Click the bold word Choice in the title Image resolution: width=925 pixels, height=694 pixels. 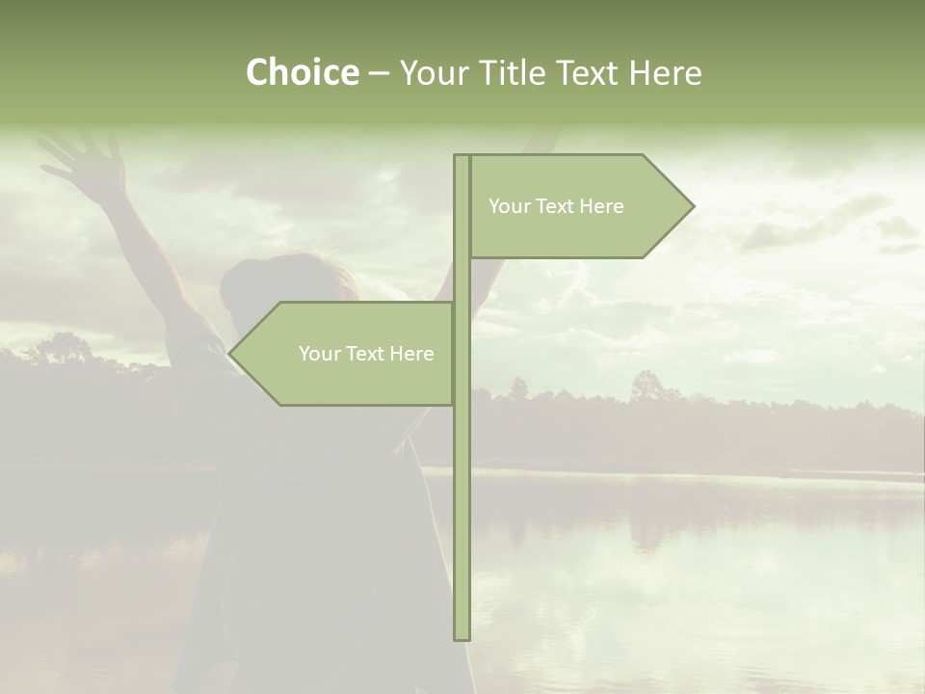pyautogui.click(x=302, y=73)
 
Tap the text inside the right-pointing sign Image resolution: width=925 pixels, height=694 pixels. pyautogui.click(x=556, y=206)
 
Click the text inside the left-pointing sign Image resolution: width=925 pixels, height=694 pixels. pyautogui.click(x=366, y=354)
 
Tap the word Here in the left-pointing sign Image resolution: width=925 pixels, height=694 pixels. pyautogui.click(x=411, y=354)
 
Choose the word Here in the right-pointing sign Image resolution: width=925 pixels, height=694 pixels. pyautogui.click(x=601, y=206)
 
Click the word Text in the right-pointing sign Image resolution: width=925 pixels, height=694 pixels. pyautogui.click(x=556, y=206)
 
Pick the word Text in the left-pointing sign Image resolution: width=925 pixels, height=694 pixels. pyautogui.click(x=366, y=354)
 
